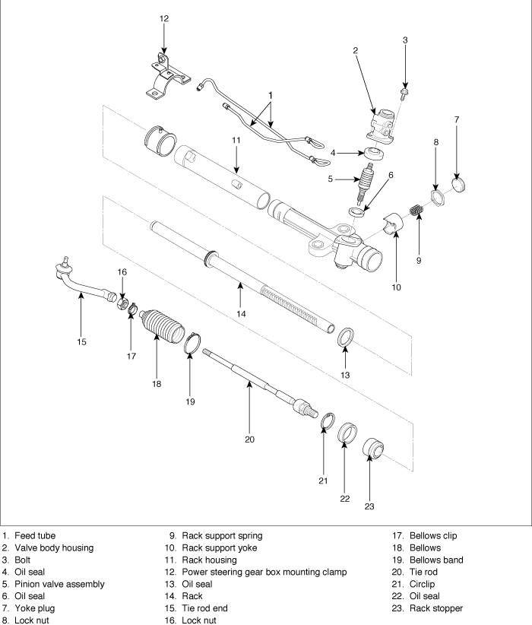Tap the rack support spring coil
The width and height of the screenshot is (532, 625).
[x=416, y=209]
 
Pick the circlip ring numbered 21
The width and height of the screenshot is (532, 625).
[x=328, y=421]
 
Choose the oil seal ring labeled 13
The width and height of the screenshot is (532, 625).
[x=346, y=337]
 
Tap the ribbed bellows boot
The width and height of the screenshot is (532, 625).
[x=162, y=325]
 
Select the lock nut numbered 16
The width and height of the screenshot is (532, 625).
[x=122, y=305]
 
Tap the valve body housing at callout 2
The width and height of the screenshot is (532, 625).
[x=382, y=126]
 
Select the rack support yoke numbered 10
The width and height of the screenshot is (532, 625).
[x=394, y=224]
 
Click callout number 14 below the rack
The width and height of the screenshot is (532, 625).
[x=241, y=314]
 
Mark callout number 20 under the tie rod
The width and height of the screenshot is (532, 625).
[x=249, y=439]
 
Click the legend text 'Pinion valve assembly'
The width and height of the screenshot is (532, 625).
[x=59, y=584]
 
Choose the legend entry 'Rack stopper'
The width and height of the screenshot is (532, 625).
[x=436, y=608]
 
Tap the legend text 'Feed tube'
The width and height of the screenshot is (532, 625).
[x=35, y=536]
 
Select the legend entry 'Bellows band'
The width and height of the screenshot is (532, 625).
[x=436, y=560]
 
